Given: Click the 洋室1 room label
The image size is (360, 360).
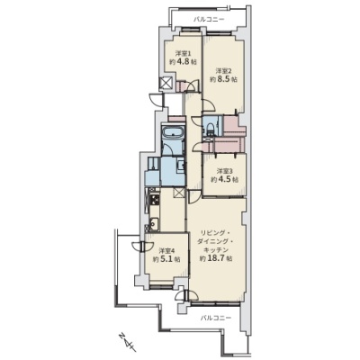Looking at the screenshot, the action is click(184, 54).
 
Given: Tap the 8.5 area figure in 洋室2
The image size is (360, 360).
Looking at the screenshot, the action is click(223, 80).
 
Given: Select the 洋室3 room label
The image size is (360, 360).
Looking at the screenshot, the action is click(225, 171).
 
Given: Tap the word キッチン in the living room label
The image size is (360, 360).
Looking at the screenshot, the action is click(216, 249).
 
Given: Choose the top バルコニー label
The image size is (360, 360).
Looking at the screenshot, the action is click(209, 20).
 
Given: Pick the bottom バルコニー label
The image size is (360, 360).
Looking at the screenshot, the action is click(216, 317).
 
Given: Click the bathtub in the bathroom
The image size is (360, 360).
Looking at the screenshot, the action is click(172, 132).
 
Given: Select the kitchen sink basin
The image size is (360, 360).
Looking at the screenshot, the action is click(153, 224).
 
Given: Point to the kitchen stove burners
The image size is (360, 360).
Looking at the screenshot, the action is click(154, 199).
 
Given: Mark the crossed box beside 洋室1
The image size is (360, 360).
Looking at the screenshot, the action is click(166, 83).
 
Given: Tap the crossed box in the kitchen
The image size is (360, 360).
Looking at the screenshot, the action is click(179, 193).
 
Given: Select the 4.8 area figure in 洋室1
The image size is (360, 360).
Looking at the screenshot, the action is click(183, 62).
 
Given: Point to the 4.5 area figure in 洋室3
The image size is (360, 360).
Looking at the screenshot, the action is click(225, 180).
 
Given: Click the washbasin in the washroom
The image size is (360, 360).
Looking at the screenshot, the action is click(180, 165).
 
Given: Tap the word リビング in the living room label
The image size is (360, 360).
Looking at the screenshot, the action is click(211, 233).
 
